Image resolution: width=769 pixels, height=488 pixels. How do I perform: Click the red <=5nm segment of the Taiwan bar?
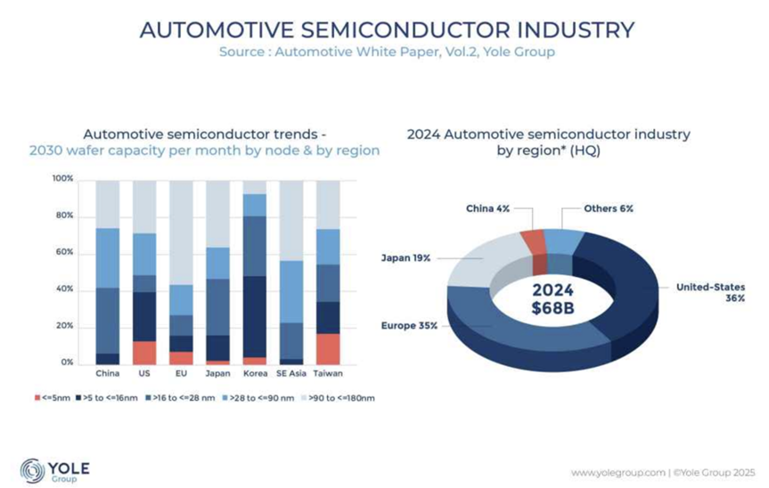(x=329, y=347)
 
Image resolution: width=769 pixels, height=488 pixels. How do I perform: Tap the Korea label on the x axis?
(x=255, y=374)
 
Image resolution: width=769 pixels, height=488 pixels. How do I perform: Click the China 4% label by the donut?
(x=488, y=208)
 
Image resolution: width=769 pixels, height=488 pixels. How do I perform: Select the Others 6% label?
(x=609, y=208)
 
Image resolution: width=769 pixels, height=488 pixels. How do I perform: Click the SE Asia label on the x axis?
(x=291, y=374)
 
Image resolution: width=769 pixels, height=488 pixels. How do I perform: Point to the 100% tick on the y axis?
(x=61, y=180)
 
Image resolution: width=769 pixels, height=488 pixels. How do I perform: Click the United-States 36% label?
(x=709, y=292)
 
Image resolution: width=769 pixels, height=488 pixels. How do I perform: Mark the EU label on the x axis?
(x=181, y=374)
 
